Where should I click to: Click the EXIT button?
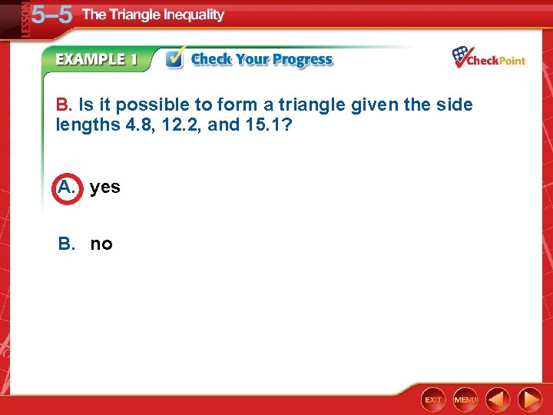(433, 400)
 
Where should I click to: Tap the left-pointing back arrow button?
(498, 400)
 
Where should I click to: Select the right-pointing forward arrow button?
(530, 400)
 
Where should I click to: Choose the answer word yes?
(104, 188)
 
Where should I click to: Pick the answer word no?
(101, 244)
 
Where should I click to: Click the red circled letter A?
(67, 187)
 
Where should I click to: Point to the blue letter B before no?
(67, 244)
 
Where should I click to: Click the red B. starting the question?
(65, 105)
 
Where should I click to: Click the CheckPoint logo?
(488, 58)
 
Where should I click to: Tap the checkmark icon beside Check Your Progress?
(175, 59)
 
